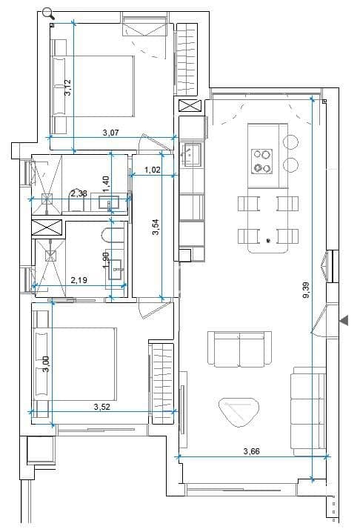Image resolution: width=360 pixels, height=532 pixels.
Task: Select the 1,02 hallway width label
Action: coord(153,170)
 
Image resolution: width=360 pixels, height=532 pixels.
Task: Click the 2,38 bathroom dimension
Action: coord(79,193)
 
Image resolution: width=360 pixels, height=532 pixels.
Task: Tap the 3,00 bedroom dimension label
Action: coord(46,364)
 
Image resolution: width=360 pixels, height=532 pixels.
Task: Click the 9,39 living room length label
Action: coord(306,288)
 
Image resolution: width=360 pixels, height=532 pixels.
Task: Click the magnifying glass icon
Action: coord(48,13)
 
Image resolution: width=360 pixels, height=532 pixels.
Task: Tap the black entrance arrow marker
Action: coord(344,320)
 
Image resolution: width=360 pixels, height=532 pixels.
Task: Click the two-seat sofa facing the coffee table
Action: coord(239,348)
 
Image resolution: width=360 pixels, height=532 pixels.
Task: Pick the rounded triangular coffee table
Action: coord(238,411)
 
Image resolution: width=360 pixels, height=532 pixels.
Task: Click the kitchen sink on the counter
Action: coord(191,155)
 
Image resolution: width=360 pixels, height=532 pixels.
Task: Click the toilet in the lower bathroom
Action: coord(111,236)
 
